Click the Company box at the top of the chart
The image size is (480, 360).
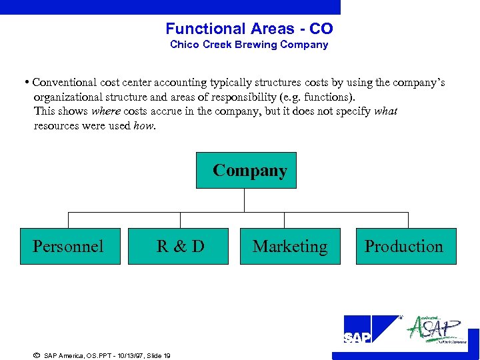pyautogui.click(x=247, y=171)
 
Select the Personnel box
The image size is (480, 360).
pyautogui.click(x=70, y=247)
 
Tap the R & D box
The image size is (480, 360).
pyautogui.click(x=180, y=247)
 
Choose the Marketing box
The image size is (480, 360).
pyautogui.click(x=290, y=247)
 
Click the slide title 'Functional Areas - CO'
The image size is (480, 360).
pyautogui.click(x=249, y=29)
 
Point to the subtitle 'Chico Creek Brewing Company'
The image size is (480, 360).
pyautogui.click(x=249, y=45)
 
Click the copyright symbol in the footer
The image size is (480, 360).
pyautogui.click(x=36, y=355)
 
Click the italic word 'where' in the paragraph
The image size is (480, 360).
pyautogui.click(x=105, y=111)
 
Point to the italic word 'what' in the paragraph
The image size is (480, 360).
pyautogui.click(x=385, y=111)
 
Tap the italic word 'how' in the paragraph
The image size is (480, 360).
pyautogui.click(x=143, y=125)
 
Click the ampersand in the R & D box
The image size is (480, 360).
pyautogui.click(x=180, y=247)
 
